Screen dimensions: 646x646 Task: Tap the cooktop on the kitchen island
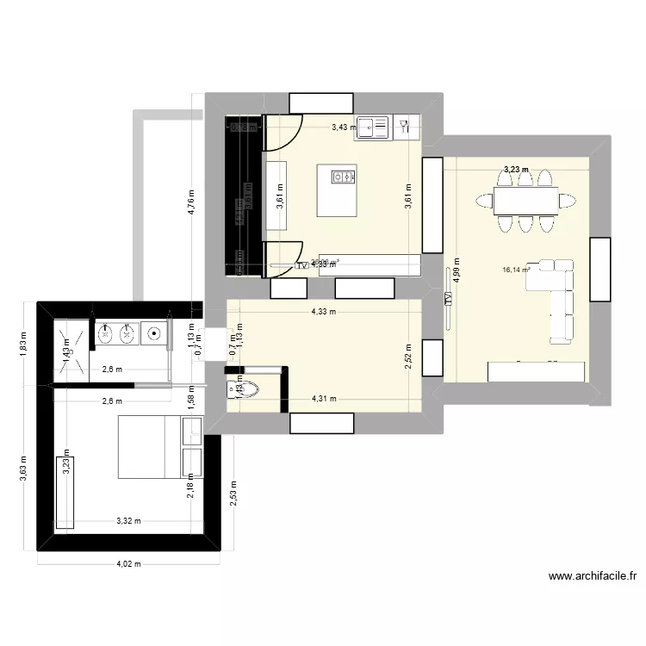344,177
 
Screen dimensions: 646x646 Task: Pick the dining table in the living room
525,201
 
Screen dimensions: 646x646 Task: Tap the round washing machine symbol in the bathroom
155,333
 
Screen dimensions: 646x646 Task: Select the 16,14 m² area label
517,270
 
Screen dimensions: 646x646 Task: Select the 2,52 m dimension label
408,353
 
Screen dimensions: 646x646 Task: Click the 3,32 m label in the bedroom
129,520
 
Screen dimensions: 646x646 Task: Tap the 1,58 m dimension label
192,394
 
